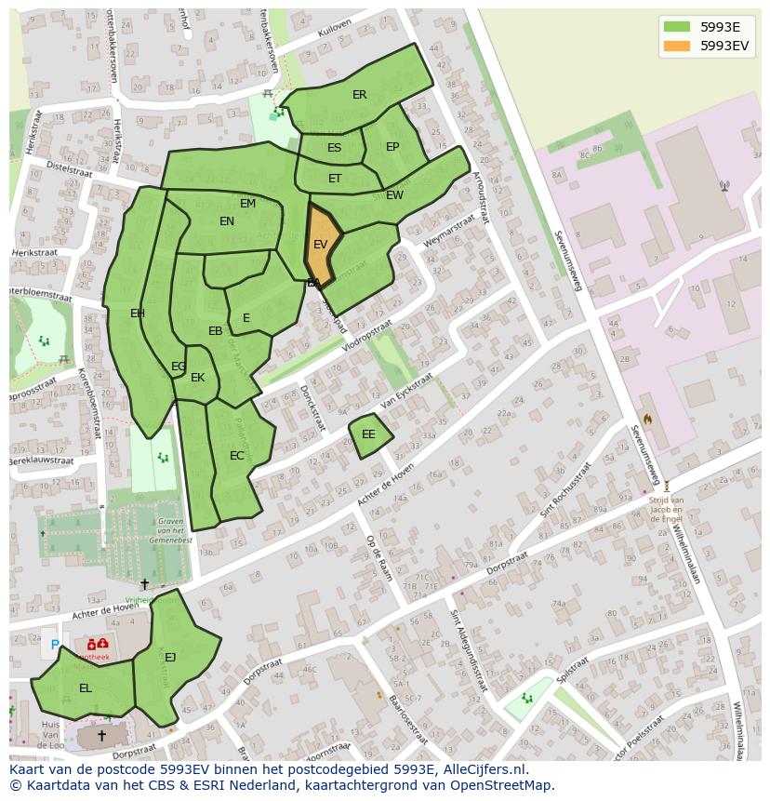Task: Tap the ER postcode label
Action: (360, 95)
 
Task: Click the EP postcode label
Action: (392, 147)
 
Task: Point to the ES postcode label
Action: (335, 148)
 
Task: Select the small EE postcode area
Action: (369, 434)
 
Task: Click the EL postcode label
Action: (86, 688)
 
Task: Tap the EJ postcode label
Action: (170, 658)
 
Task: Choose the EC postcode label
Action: (237, 456)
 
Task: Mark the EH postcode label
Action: (138, 314)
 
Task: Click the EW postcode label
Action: (394, 195)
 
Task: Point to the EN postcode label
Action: (227, 221)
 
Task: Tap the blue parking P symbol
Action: (55, 645)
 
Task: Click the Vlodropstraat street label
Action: (366, 336)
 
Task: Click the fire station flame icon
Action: (647, 420)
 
